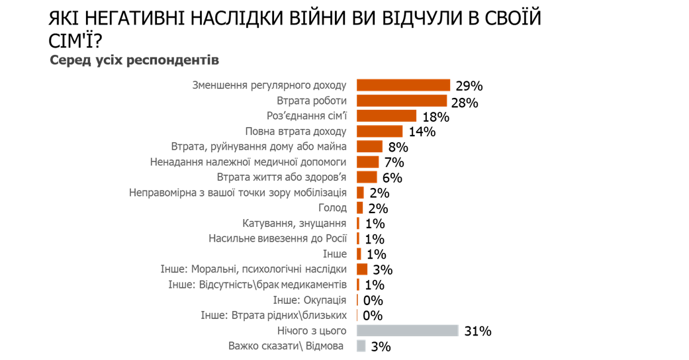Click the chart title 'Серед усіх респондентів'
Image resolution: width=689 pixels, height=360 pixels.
pos(134,60)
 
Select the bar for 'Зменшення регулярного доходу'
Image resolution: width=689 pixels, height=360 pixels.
pos(404,85)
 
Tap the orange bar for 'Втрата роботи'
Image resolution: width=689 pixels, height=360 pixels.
pos(402,101)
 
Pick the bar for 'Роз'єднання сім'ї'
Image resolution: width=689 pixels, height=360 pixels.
pos(387,116)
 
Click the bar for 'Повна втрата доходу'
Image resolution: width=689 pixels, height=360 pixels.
pos(380,131)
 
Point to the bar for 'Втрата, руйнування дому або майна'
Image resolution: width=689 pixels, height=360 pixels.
pos(369,146)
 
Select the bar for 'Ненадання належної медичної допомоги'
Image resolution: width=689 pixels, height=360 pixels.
pos(368,161)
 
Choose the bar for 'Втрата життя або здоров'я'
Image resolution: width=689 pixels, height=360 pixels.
pos(367,177)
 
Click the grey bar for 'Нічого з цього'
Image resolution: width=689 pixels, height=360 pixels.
pos(407,330)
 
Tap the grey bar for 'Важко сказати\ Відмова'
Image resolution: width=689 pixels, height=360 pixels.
pos(361,345)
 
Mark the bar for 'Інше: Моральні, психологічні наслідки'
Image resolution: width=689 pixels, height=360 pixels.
pos(362,269)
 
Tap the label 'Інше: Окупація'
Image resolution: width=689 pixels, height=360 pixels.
pos(310,300)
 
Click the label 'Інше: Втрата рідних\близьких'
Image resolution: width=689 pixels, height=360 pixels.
pos(273,315)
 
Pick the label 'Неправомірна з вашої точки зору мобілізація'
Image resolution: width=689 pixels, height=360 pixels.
pos(238,193)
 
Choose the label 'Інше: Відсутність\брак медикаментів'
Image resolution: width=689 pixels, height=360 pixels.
pos(257,285)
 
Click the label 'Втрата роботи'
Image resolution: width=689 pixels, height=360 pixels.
pos(312,101)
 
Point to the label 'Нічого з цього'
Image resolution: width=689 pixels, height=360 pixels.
pos(312,330)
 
